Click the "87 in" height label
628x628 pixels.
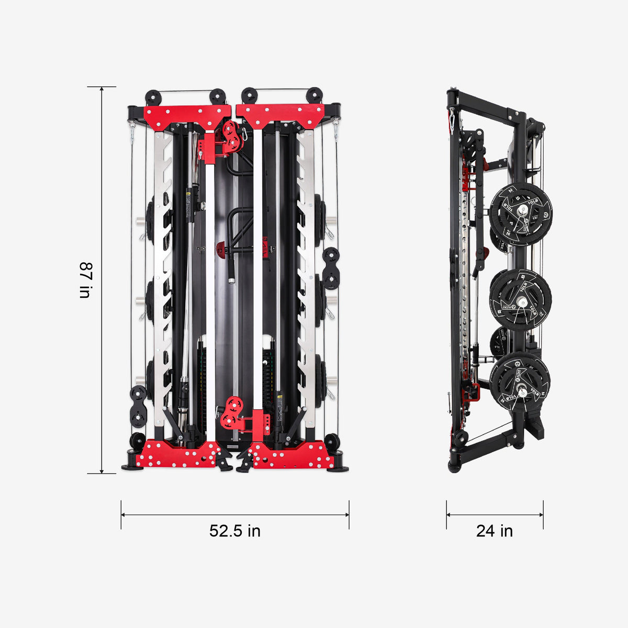(85, 280)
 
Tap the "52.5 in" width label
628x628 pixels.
(235, 531)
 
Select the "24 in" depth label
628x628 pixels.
(495, 531)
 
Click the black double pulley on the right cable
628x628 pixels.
(331, 268)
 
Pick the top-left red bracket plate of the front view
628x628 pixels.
(187, 116)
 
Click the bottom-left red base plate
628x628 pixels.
(178, 455)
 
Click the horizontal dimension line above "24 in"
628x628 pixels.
(495, 514)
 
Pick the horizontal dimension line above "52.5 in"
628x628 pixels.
(235, 514)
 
